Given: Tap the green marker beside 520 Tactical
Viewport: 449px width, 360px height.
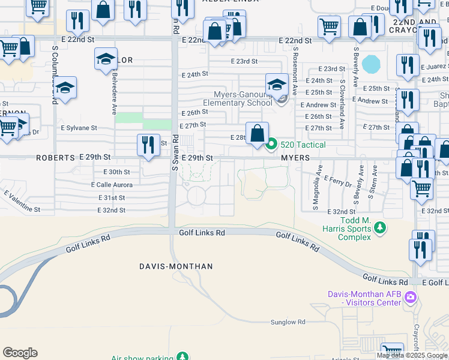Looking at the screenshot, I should click(271, 144).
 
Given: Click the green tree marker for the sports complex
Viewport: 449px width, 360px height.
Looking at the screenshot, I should click(379, 228).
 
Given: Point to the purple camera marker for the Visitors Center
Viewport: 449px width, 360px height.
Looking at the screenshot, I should click(411, 297).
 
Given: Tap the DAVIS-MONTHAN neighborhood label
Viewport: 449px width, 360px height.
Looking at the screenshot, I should click(167, 266).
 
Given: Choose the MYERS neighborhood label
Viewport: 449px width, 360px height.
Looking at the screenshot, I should click(295, 157).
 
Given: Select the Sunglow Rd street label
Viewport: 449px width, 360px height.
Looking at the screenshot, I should click(288, 322).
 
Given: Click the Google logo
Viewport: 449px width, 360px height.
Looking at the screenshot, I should click(20, 353).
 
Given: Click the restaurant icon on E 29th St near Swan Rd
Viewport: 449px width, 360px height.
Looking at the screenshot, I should click(148, 145).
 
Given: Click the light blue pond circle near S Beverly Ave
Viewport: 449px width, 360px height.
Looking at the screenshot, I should click(372, 63).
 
